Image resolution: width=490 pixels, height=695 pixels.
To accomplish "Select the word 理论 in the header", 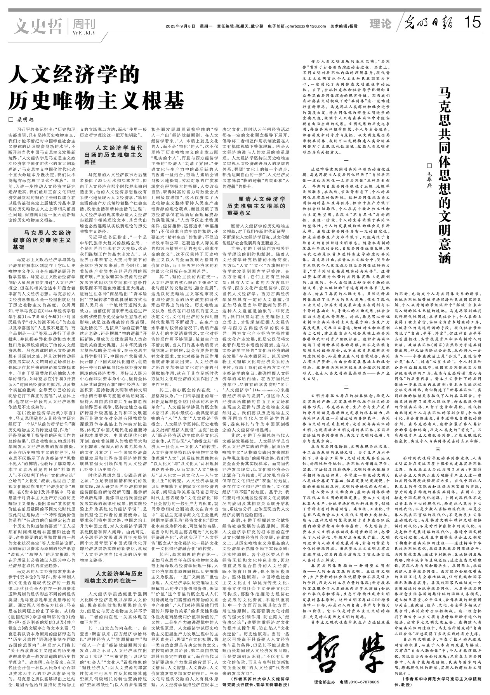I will tap(380, 24).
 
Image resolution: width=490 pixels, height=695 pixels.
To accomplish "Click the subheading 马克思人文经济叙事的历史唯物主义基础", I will tap(42, 240).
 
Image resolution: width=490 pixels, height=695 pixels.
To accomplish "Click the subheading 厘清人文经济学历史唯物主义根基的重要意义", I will tap(256, 206).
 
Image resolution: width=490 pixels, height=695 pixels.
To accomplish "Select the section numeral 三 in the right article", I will tap(438, 449).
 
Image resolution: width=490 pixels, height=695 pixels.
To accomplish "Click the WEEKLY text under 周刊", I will tap(83, 33).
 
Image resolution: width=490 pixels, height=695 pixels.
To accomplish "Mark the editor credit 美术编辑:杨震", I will tap(344, 26).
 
